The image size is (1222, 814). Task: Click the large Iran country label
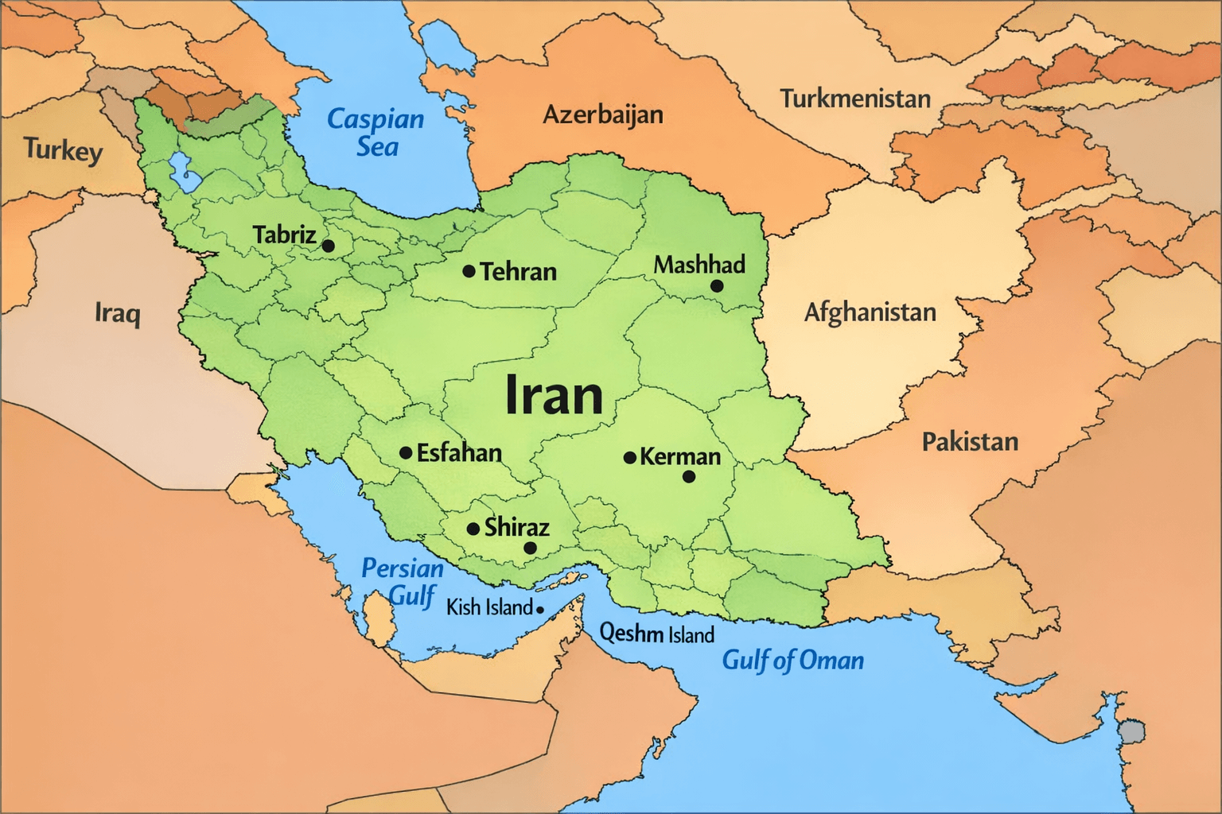tap(555, 395)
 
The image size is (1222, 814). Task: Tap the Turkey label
tap(63, 149)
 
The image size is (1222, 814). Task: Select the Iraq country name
tap(118, 312)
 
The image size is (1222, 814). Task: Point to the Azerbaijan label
tap(602, 114)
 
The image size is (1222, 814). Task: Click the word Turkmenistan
tap(854, 99)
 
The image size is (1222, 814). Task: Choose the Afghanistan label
tap(870, 312)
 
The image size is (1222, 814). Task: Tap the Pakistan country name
tap(970, 441)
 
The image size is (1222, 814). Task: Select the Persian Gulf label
tap(403, 581)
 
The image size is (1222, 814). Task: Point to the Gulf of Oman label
tap(792, 660)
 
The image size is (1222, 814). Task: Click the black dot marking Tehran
tap(469, 272)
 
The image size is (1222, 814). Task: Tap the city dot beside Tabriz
tap(328, 246)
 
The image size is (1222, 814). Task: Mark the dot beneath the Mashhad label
tap(716, 286)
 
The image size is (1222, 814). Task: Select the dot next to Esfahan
tap(406, 453)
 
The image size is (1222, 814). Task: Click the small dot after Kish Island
tap(539, 610)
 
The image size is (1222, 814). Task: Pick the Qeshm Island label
tap(656, 634)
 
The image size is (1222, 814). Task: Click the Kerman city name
tap(680, 456)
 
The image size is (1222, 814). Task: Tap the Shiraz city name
tap(516, 527)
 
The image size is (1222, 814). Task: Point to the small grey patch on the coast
tap(1131, 731)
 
